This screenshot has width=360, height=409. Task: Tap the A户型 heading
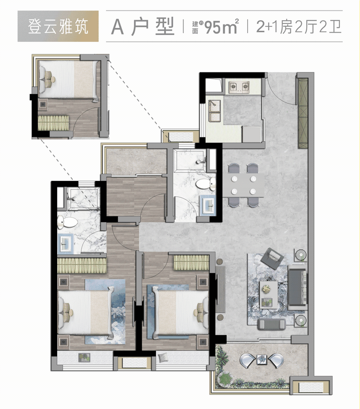[x=143, y=27]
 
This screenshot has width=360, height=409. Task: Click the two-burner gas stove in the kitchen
[x=240, y=87]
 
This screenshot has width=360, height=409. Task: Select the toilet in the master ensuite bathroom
[x=67, y=222]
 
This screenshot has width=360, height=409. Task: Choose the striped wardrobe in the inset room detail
[x=54, y=123]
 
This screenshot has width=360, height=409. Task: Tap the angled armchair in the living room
[x=273, y=258]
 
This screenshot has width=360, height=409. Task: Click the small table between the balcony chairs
[x=262, y=359]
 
